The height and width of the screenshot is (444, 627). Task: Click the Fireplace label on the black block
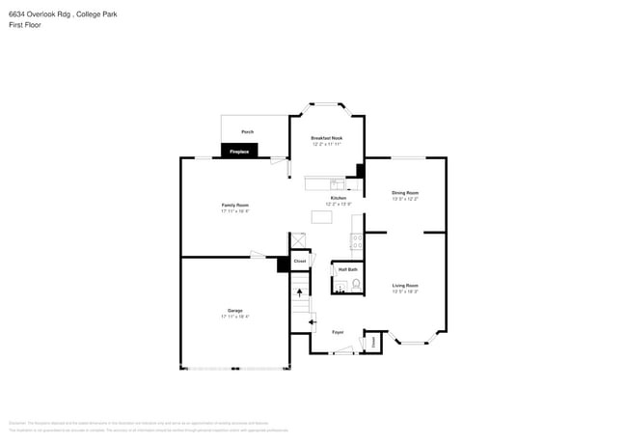point(239,152)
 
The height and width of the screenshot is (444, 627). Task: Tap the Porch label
point(247,131)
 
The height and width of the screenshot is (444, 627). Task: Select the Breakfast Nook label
point(326,138)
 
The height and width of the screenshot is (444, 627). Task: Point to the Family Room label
point(234,205)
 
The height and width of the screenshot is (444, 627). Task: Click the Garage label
point(234,311)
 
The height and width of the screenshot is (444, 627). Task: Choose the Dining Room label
point(405,193)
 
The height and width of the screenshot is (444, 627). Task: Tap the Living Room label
point(405,286)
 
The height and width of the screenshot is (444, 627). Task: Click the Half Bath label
point(347,269)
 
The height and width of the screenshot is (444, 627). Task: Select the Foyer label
point(338,332)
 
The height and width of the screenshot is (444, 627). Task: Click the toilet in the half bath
point(356,284)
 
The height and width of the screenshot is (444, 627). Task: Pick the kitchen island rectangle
point(321,217)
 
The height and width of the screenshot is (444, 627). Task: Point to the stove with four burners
point(357,242)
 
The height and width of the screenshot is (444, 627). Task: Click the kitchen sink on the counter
point(336,182)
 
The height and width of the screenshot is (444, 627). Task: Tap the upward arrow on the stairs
point(299,291)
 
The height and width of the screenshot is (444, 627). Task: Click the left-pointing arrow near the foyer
point(312,320)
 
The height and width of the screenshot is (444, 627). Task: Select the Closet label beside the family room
point(300,262)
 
